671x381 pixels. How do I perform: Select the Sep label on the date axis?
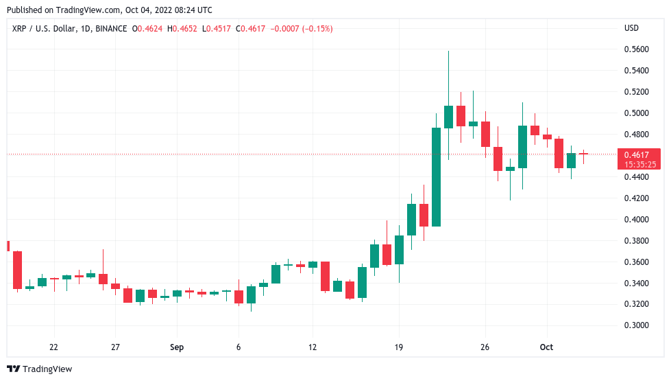click(177, 347)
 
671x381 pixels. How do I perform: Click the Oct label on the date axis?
click(546, 347)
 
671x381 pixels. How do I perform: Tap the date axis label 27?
click(115, 347)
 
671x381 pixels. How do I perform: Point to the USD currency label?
click(631, 28)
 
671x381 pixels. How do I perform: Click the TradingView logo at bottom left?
click(40, 369)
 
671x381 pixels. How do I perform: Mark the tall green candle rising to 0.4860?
click(436, 176)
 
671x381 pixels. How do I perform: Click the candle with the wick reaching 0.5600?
click(448, 117)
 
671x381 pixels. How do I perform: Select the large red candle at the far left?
click(17, 270)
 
